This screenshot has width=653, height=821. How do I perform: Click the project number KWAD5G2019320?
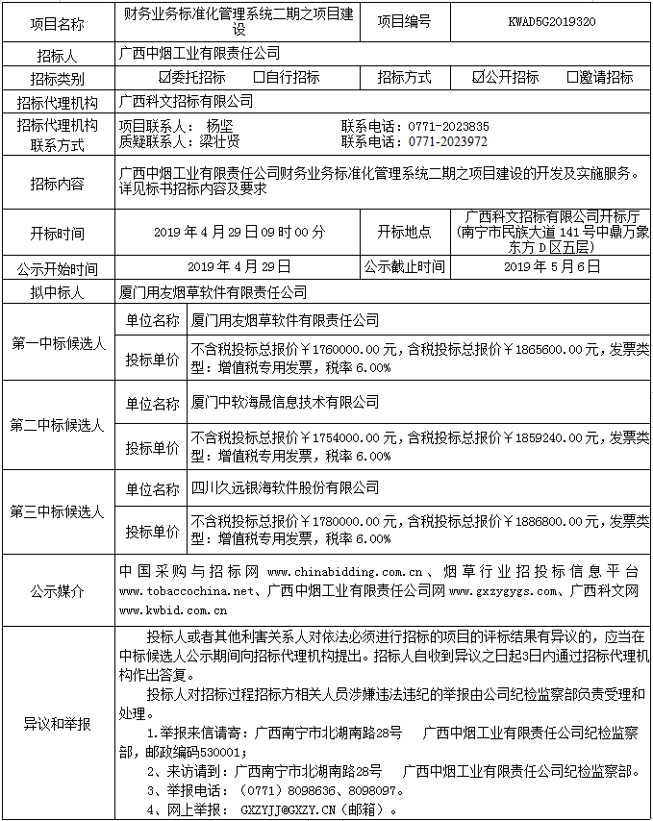pos(551,21)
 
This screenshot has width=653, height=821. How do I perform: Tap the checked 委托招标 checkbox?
pos(163,78)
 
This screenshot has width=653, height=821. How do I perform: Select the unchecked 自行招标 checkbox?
pos(259,78)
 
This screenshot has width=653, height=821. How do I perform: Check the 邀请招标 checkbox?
pos(571,78)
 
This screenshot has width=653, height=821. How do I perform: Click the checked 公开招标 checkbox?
pos(478,78)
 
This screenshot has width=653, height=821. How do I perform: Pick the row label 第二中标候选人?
pos(58,424)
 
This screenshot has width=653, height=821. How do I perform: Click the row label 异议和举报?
pos(58,723)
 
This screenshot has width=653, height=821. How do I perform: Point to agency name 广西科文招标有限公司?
pos(187,100)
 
